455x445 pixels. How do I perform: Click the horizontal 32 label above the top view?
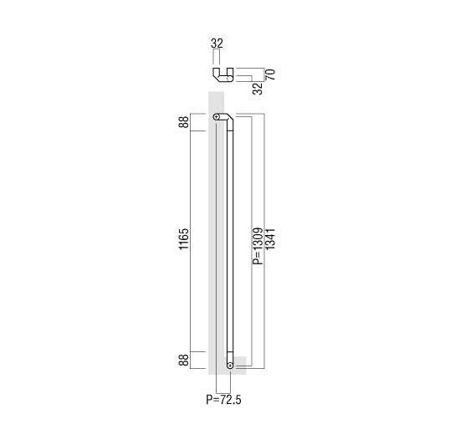217,43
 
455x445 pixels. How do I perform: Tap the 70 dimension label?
270,74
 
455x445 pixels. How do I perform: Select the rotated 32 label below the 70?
258,89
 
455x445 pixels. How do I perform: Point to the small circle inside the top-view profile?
229,79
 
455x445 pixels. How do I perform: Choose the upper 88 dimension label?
183,122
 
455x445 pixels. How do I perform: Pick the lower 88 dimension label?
183,360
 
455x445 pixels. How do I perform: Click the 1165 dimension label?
183,239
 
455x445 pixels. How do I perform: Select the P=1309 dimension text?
258,246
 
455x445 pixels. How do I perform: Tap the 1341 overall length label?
270,239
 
